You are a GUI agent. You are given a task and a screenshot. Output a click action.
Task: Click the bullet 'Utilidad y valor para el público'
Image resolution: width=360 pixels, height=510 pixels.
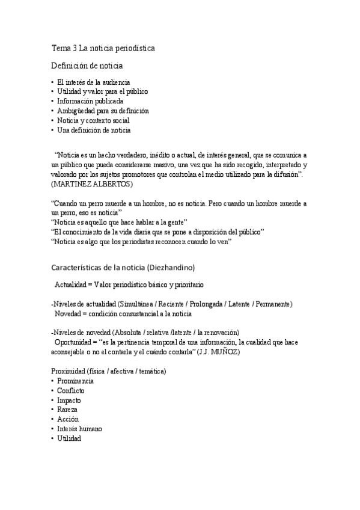[102, 91]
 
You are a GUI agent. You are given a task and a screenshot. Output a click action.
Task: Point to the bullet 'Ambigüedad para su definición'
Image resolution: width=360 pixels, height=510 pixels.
[103, 111]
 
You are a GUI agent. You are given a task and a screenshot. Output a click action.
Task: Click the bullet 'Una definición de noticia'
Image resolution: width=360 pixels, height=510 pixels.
[94, 130]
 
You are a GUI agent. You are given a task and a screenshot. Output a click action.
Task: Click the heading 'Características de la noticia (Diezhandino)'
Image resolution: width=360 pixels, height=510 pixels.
[123, 265]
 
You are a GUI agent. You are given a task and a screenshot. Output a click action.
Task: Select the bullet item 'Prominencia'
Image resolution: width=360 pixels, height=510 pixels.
[75, 381]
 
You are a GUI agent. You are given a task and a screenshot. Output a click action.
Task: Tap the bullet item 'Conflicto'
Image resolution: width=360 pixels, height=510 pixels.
[71, 390]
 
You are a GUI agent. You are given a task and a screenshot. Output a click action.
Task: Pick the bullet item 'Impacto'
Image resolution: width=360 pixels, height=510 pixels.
[69, 400]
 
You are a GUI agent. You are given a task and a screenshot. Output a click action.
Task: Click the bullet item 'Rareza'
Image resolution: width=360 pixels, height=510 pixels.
[68, 410]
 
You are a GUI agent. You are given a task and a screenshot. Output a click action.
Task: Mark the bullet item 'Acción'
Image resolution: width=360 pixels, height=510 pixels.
[68, 419]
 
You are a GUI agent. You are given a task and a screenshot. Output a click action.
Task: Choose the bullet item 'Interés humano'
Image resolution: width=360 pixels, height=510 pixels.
[79, 429]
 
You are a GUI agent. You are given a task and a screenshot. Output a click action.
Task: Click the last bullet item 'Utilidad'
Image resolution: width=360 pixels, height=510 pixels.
[69, 438]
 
